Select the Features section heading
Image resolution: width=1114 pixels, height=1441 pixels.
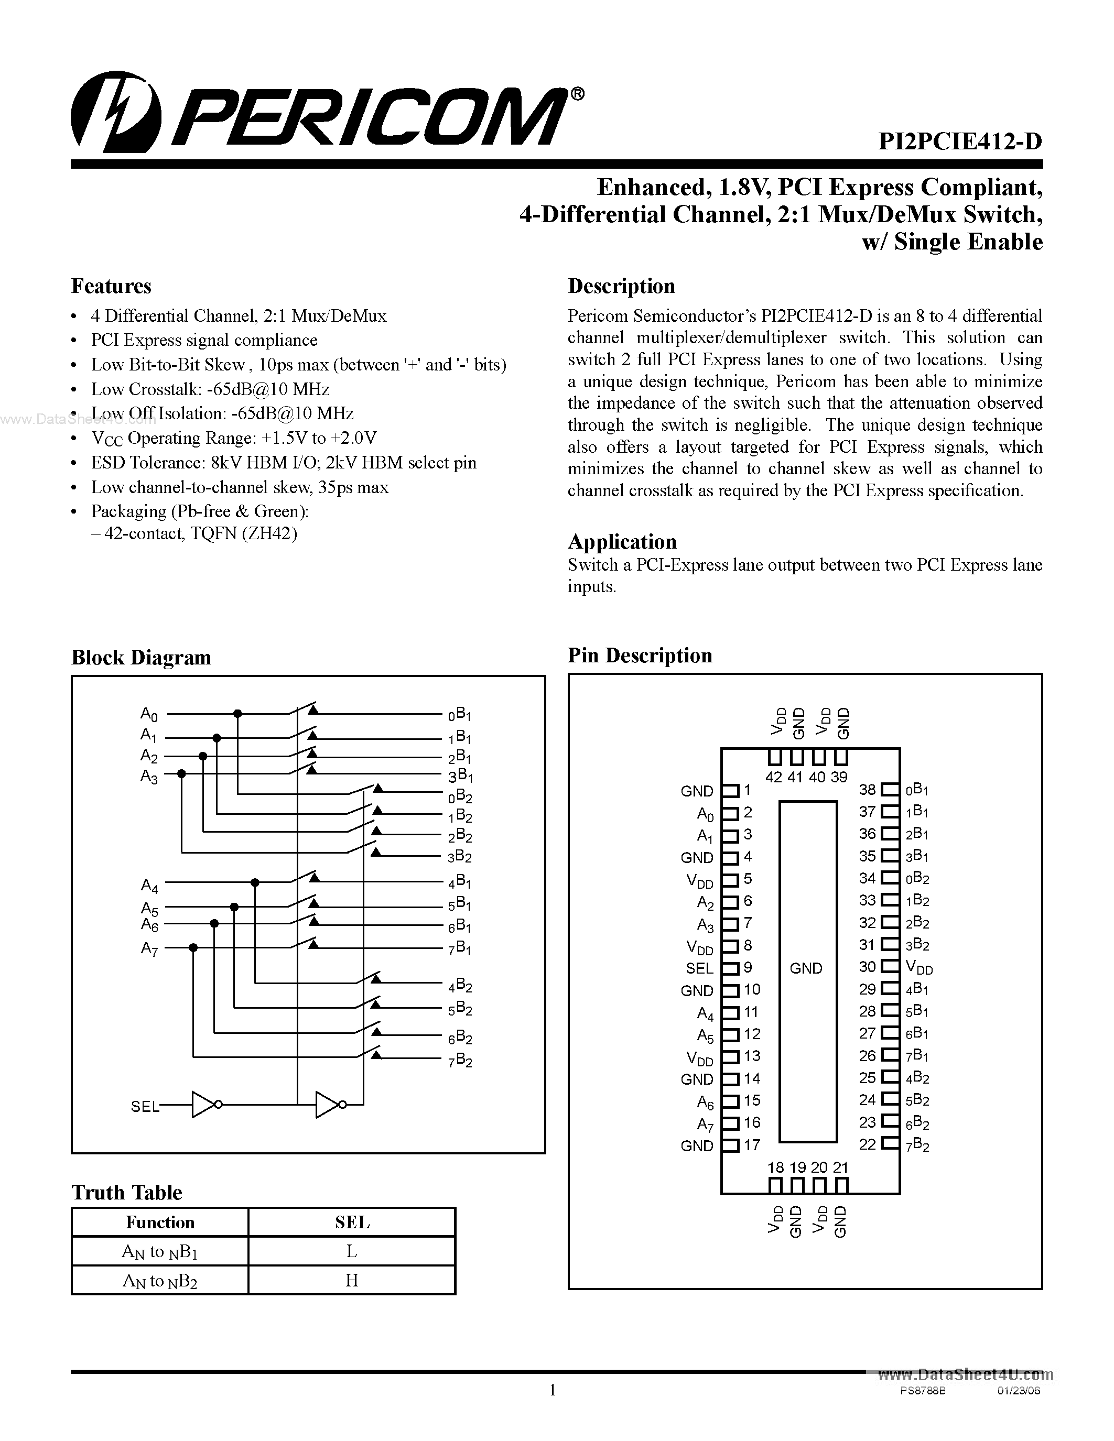click(111, 286)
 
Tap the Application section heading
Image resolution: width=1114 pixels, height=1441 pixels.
click(622, 542)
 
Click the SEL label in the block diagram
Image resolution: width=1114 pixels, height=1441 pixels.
click(145, 1107)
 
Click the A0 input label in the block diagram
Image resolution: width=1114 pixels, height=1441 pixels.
click(149, 714)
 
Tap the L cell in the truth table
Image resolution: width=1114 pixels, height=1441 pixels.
click(352, 1251)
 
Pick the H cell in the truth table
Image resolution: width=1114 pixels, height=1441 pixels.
click(352, 1281)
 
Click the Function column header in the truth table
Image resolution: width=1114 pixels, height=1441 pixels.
click(160, 1222)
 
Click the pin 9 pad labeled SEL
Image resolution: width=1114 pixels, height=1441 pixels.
click(729, 968)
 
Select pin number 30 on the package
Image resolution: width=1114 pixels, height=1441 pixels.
click(867, 967)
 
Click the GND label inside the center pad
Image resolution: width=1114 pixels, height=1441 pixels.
click(806, 968)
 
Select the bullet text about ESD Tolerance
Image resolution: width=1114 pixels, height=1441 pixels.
click(283, 463)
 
